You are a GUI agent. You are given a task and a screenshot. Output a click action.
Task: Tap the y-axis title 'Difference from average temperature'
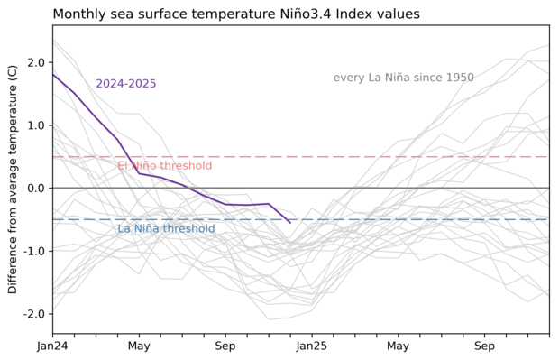coord(13,179)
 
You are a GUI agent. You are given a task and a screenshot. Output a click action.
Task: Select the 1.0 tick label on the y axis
coord(36,125)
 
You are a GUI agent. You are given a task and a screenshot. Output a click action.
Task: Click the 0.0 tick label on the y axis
coord(36,188)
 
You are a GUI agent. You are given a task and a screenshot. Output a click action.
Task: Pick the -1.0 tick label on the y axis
coord(33,251)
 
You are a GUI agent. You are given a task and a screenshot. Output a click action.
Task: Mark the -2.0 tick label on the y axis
coord(33,314)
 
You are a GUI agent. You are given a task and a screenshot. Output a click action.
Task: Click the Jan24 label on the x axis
coord(52,346)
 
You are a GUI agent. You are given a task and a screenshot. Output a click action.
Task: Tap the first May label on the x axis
coord(139,346)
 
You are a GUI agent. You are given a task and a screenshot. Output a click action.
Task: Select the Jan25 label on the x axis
coord(312,346)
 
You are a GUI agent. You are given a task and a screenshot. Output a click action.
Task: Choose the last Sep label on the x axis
coord(485,346)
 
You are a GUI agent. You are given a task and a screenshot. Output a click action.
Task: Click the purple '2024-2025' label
coord(126,84)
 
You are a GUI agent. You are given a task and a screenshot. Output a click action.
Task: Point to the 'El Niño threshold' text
coord(164,166)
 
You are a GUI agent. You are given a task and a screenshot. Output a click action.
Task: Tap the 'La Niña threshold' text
coord(166,229)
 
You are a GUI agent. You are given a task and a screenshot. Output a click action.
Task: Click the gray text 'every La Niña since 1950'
coord(403,78)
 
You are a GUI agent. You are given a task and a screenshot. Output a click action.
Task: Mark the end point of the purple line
coord(290,222)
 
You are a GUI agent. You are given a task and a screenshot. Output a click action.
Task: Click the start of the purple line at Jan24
coord(53,74)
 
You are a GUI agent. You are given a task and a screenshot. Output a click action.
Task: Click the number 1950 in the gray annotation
coord(459,78)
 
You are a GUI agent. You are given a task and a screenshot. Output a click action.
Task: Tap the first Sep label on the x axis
coord(225,346)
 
